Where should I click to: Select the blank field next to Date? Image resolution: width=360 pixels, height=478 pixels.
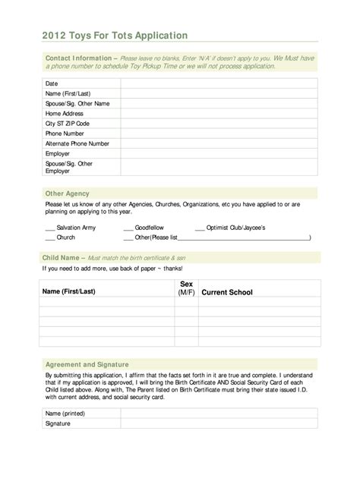220,83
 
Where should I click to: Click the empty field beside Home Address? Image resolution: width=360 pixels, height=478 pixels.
220,113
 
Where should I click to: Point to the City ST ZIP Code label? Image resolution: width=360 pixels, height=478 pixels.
68,123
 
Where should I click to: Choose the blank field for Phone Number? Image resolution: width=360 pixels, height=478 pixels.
220,133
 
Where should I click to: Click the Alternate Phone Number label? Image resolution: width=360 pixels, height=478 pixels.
77,143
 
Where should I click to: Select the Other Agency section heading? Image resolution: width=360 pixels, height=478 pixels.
68,193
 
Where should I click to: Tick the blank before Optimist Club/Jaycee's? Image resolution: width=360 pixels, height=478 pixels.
201,228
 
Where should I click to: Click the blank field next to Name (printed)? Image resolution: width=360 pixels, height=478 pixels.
220,414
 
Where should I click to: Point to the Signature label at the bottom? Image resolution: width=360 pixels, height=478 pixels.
58,423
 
